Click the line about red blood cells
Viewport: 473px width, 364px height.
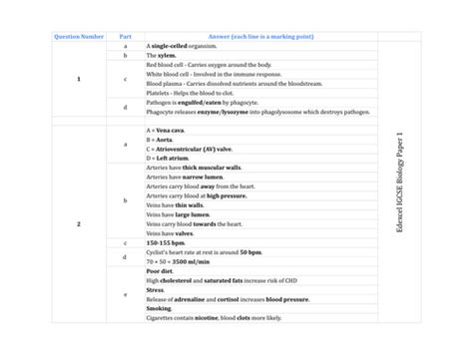tap(209, 65)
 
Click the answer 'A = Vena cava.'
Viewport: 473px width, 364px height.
tap(167, 130)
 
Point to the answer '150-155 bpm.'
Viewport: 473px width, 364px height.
tap(165, 242)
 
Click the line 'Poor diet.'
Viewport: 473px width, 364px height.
tap(160, 270)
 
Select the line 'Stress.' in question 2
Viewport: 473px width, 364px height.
tap(156, 289)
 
